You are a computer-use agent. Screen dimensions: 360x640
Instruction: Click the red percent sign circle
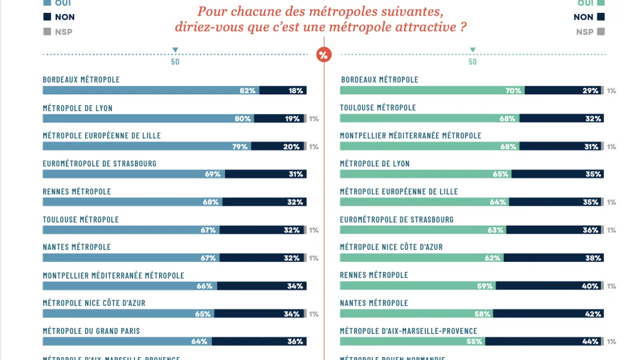pos(323,55)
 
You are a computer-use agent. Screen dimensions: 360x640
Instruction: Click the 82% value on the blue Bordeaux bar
pos(248,91)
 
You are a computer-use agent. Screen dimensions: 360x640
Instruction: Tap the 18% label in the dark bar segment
pos(296,91)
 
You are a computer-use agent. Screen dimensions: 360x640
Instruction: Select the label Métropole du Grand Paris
pos(91,331)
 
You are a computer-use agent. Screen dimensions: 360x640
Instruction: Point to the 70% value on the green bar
pos(513,91)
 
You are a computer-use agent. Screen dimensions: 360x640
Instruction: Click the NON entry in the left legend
pos(65,17)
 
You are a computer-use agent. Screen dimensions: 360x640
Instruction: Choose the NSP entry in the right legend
pos(584,32)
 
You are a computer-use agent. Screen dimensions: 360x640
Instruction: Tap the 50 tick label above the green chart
pos(472,62)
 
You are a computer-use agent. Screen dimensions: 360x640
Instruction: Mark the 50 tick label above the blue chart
pos(175,62)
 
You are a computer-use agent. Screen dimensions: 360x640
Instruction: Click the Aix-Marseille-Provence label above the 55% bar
pos(408,331)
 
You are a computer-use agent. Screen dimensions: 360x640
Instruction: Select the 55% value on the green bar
pos(474,342)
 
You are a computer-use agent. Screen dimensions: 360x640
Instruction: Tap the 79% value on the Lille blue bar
pos(240,147)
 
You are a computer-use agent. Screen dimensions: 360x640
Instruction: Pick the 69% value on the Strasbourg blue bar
pos(213,174)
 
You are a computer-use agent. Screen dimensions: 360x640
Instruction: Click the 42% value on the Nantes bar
pos(593,314)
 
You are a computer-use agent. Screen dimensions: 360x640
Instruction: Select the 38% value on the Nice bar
pos(593,258)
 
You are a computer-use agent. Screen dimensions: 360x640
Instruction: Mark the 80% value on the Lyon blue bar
pos(243,119)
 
